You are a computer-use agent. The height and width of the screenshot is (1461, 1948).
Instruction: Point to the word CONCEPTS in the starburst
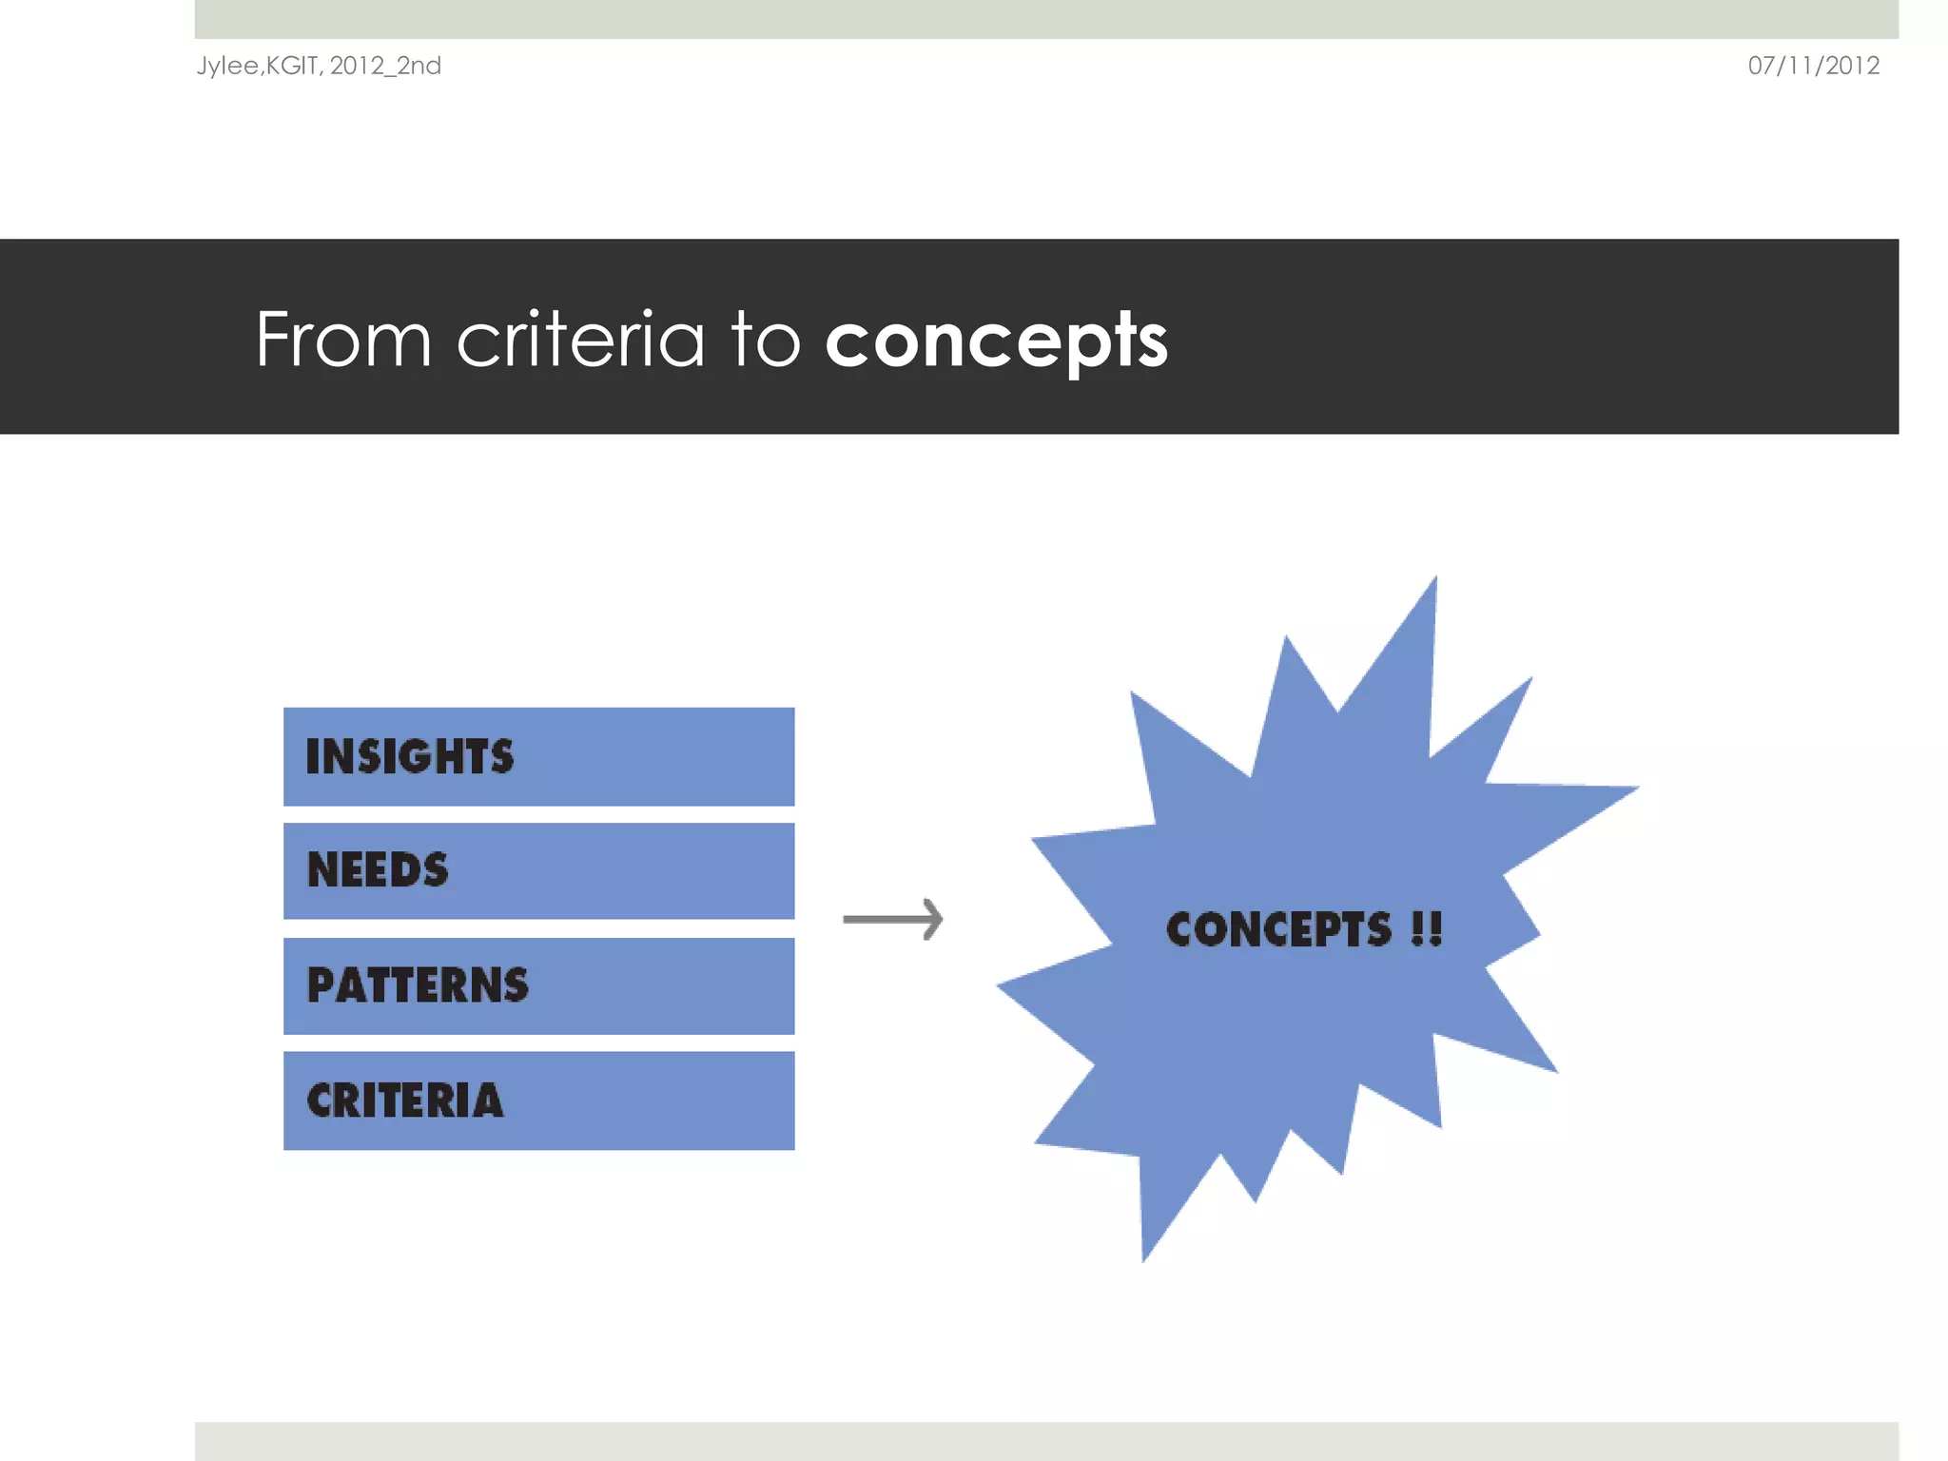1278,929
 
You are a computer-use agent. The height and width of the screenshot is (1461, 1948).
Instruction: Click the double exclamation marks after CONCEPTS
1427,929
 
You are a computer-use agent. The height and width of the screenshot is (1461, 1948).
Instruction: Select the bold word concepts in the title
996,341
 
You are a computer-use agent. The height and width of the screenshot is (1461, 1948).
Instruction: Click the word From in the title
343,341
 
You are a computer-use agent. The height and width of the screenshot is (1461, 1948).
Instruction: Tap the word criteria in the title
580,341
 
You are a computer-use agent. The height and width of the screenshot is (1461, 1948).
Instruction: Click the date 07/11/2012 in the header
1813,66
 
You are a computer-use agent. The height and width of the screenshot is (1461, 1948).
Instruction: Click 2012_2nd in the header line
385,66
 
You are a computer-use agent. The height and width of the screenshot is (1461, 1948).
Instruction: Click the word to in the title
766,341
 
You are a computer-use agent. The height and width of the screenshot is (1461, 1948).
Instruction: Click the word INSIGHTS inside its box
410,756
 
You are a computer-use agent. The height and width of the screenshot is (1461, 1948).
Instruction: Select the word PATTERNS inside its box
418,985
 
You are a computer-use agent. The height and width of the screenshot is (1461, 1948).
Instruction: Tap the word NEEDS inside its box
378,870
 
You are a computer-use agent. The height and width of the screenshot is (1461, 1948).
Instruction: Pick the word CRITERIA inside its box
405,1101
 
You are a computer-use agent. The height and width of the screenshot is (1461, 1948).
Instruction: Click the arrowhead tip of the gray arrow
939,919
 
